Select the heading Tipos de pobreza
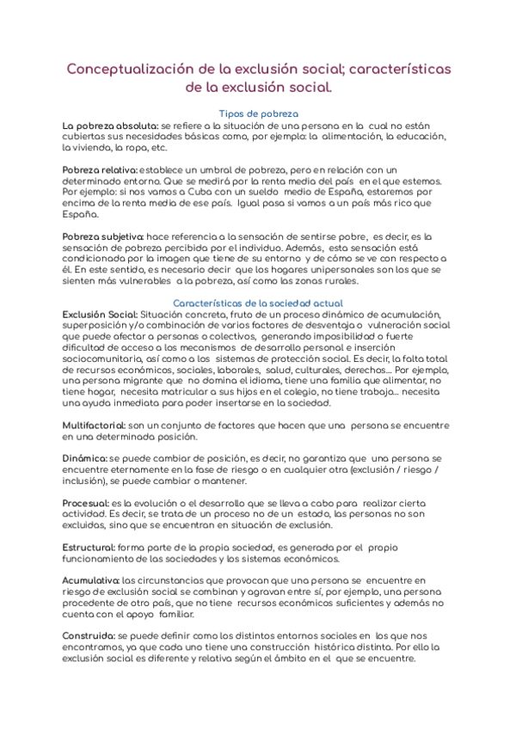tap(258, 113)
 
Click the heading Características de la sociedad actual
tap(258, 303)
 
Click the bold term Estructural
tap(91, 547)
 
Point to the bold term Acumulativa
tap(92, 580)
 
